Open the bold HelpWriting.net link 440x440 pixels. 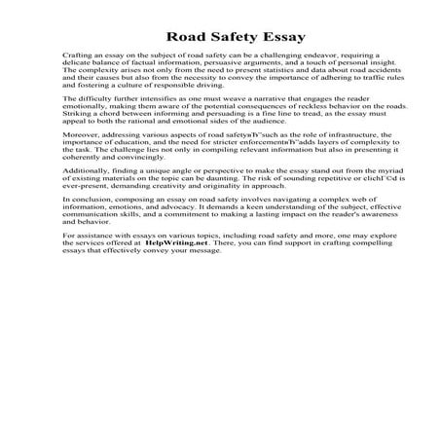pos(178,272)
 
